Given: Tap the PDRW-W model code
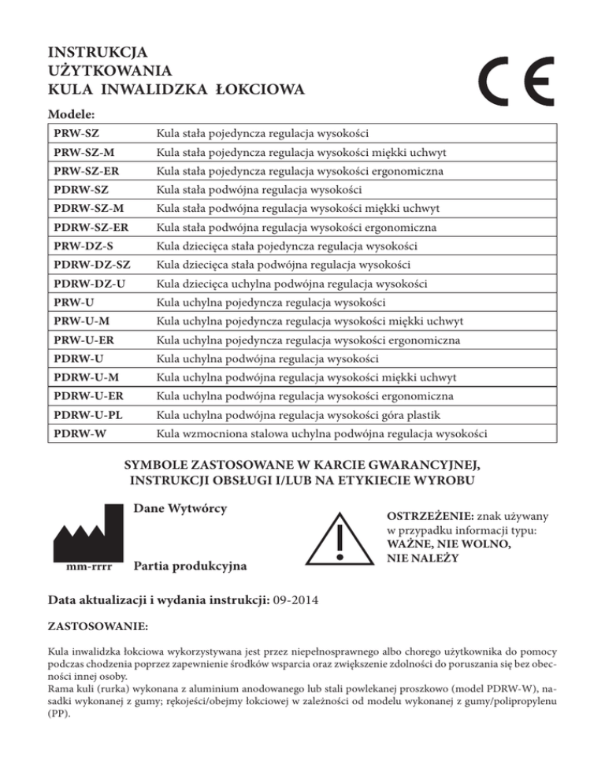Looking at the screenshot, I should pyautogui.click(x=76, y=433).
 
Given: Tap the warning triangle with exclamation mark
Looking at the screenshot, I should pyautogui.click(x=339, y=536).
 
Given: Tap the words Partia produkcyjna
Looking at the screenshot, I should pyautogui.click(x=190, y=566).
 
